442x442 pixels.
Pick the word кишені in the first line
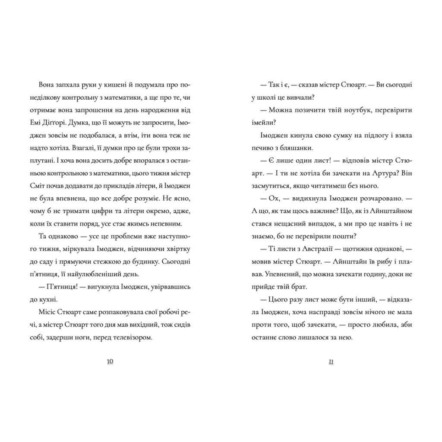(121, 85)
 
